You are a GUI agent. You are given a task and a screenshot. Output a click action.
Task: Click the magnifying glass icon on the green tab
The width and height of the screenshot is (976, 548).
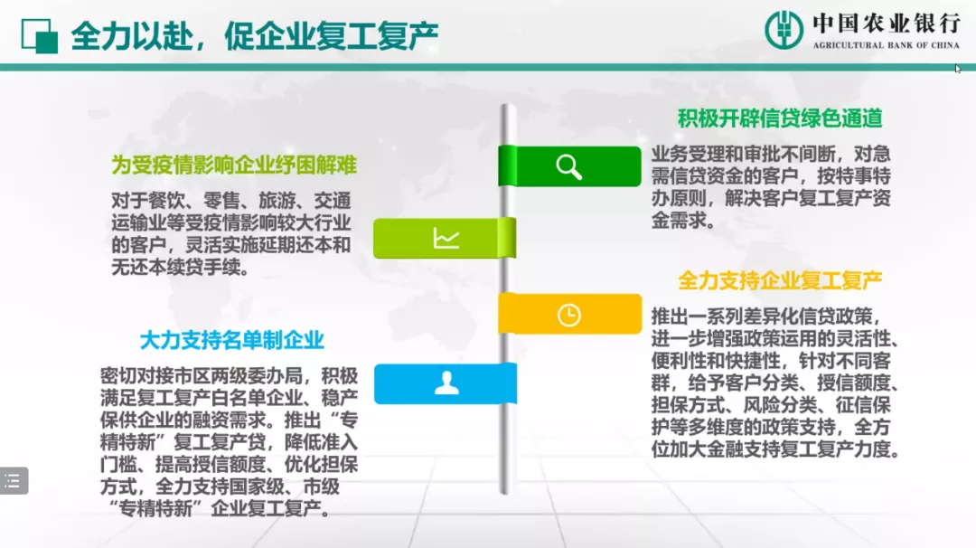click(569, 167)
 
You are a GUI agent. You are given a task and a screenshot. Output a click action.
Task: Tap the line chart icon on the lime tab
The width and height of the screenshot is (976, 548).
click(446, 239)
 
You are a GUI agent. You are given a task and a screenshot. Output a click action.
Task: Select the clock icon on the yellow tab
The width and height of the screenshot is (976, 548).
click(569, 315)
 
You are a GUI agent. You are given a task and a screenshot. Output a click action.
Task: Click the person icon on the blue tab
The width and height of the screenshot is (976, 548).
click(446, 383)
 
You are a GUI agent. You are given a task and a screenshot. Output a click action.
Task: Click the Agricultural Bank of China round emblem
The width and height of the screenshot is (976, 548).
click(784, 29)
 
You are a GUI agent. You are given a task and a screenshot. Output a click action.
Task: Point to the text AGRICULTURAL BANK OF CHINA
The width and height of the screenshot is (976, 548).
click(887, 45)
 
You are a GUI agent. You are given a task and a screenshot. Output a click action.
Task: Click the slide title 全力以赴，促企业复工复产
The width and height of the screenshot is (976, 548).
click(255, 35)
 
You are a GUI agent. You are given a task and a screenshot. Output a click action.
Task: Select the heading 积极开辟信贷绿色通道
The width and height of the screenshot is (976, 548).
click(780, 118)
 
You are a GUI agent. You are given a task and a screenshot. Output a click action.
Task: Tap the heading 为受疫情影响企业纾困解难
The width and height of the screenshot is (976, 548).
click(234, 165)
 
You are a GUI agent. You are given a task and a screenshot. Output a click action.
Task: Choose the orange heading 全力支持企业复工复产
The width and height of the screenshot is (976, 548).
click(780, 280)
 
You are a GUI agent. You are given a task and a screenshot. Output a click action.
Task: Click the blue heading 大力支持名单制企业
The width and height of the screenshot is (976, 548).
click(232, 340)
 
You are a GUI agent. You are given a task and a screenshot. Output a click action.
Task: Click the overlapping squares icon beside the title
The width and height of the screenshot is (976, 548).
click(39, 35)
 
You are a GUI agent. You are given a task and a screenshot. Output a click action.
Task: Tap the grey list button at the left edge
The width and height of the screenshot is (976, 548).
click(14, 481)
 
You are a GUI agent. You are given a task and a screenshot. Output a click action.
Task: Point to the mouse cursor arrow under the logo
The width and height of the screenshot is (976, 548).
click(958, 69)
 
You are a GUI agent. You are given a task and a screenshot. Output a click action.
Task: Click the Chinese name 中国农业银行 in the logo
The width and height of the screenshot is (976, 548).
click(887, 24)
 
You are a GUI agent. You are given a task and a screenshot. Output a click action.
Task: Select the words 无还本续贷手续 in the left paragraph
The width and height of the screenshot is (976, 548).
click(176, 267)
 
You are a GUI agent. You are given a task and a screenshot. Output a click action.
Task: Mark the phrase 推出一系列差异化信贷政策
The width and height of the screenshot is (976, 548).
click(761, 317)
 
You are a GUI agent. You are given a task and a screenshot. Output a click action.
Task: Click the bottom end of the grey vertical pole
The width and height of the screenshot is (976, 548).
click(508, 493)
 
